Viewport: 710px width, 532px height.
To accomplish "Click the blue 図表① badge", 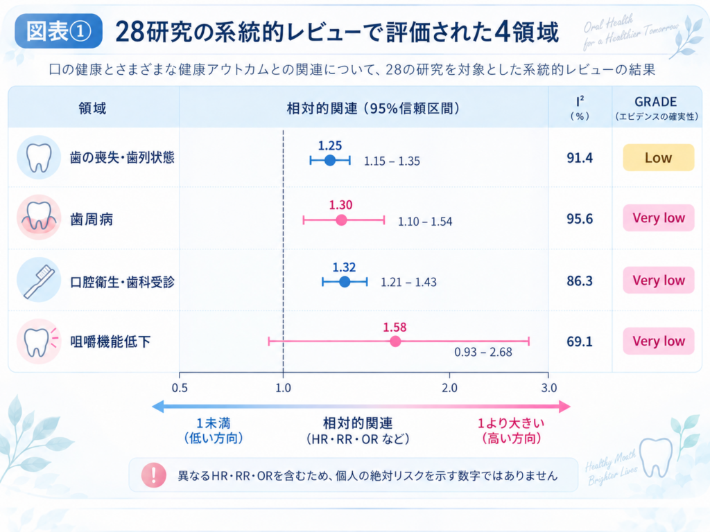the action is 58,31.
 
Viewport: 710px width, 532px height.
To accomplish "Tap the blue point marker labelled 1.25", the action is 330,160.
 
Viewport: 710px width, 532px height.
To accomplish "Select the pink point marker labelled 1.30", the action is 341,220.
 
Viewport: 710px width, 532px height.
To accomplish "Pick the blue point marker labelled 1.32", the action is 345,282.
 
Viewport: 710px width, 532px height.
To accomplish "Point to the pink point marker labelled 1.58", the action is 395,341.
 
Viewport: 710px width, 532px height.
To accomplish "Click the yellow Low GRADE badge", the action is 659,157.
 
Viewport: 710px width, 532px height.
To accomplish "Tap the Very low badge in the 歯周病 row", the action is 659,218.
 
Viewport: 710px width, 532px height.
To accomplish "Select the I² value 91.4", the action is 580,158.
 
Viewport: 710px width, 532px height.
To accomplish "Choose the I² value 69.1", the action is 580,342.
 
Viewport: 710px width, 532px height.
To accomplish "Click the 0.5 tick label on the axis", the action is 180,388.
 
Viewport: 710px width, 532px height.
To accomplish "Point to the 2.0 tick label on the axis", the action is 449,388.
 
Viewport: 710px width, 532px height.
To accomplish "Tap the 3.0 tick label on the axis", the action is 549,388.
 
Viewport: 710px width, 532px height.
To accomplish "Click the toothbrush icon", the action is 39,281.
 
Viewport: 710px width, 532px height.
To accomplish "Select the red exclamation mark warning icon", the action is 153,475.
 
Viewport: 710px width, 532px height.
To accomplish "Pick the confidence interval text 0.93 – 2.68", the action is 483,352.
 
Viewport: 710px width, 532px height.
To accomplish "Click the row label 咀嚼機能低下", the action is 110,342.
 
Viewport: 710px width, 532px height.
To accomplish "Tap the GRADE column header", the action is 656,102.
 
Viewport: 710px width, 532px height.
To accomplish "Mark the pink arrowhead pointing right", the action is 564,406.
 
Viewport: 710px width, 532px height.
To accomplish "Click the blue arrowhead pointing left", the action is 157,406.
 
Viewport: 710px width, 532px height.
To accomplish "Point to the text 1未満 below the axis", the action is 214,423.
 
